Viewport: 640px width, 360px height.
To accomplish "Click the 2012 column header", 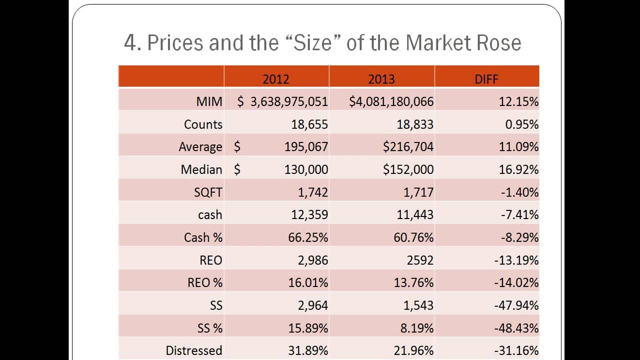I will (x=276, y=78).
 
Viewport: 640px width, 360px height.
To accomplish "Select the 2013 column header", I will (x=381, y=78).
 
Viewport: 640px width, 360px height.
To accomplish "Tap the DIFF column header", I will (x=486, y=78).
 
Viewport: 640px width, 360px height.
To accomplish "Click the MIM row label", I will (x=209, y=101).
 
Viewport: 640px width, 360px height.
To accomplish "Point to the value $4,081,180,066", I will (x=391, y=101).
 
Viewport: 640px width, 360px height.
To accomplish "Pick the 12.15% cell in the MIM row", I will (x=518, y=101).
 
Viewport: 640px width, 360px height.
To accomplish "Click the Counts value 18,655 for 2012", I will (x=309, y=124).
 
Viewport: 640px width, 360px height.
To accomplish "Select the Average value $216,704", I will (x=408, y=147).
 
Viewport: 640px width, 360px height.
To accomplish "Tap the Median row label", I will (x=201, y=169).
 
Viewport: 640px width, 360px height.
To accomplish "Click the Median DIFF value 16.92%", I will (x=518, y=169).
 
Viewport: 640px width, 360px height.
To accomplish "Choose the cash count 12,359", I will (x=309, y=214).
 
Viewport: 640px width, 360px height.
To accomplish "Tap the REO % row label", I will (x=205, y=282).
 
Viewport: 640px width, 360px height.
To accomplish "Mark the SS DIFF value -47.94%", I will (x=516, y=305).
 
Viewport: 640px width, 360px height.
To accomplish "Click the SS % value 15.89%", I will (x=308, y=328).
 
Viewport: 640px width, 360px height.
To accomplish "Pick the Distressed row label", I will (x=194, y=350).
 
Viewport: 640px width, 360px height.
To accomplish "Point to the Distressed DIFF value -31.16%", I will (x=516, y=350).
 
